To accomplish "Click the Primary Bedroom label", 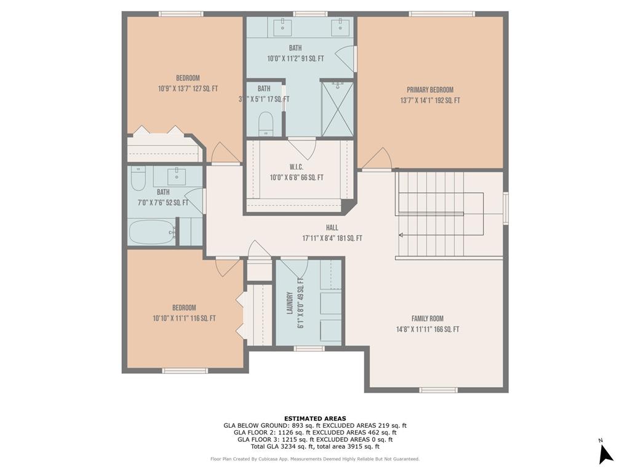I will pos(429,90).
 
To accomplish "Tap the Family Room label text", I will pos(427,318).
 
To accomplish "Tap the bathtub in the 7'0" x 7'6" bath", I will pos(151,232).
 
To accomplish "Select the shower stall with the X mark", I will pos(338,109).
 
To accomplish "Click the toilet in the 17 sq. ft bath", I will pos(266,124).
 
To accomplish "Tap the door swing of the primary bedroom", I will pos(377,159).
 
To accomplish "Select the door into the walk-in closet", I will pos(301,147).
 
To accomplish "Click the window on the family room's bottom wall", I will pos(438,390).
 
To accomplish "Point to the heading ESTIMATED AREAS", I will pos(314,419).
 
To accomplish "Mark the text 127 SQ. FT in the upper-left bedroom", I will pos(202,88).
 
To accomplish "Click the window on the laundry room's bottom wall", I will pos(309,348).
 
